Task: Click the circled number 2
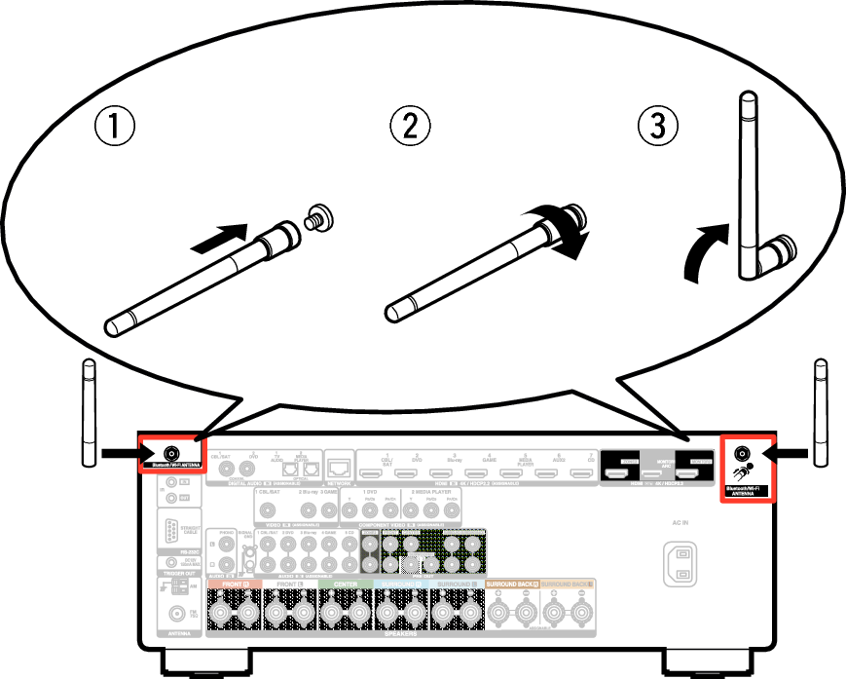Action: point(410,126)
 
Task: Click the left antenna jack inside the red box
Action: point(171,453)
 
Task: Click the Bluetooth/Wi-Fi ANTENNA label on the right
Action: point(744,490)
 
